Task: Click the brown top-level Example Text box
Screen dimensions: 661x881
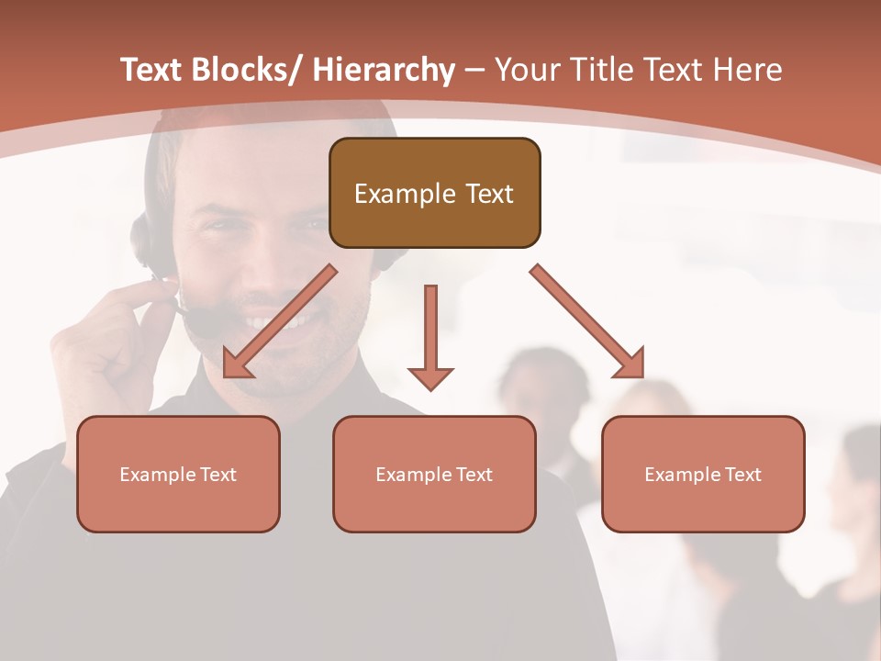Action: point(434,193)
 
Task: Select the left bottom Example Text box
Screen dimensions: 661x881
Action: point(178,474)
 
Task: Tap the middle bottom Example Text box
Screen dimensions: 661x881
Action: point(434,474)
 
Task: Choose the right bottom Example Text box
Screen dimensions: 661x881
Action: point(703,474)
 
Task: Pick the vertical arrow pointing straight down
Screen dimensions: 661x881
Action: point(430,335)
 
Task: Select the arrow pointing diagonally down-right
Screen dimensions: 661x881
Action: point(587,321)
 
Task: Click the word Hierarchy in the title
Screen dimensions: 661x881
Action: point(384,71)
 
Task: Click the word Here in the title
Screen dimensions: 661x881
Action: point(746,71)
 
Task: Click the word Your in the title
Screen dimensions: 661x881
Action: point(523,71)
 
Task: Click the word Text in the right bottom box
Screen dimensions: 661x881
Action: point(742,474)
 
